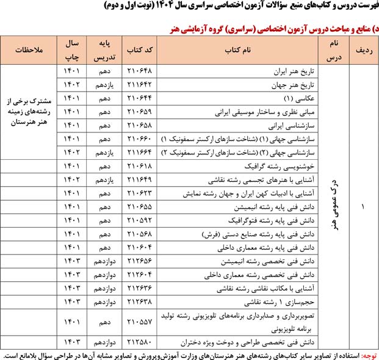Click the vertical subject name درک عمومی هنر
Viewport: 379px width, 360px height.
(x=333, y=206)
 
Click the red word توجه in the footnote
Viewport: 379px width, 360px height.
(x=369, y=354)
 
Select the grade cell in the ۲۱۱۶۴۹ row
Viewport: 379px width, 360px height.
(x=101, y=179)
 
